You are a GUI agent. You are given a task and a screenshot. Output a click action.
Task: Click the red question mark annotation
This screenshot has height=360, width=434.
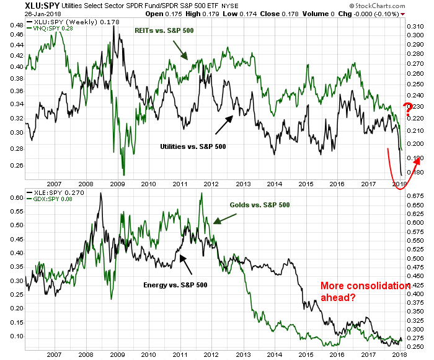point(408,111)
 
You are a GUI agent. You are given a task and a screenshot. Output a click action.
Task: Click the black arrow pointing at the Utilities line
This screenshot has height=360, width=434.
point(225,124)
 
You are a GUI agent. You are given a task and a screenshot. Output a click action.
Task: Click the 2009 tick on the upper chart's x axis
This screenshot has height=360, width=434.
point(117,184)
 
